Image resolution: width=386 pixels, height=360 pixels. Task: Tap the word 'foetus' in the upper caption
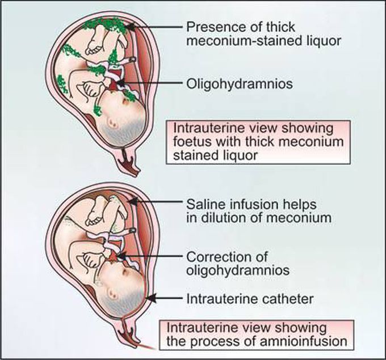192,141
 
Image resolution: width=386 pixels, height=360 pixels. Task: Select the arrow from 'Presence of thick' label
153,26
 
